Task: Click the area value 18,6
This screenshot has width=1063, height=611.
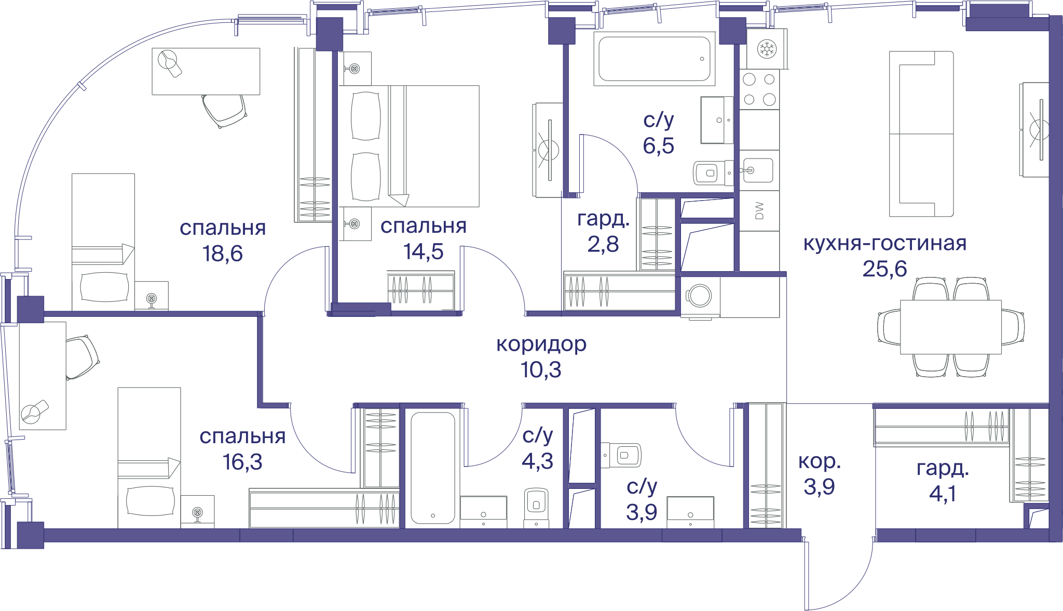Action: [223, 254]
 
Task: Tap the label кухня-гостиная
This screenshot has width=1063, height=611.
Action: [885, 243]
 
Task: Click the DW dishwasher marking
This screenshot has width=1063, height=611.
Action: [759, 210]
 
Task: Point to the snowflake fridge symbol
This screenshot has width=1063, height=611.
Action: [767, 49]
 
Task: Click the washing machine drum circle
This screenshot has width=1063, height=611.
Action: [700, 296]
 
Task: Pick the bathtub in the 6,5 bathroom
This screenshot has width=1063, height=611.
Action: [655, 59]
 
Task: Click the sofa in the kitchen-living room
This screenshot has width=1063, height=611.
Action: [921, 134]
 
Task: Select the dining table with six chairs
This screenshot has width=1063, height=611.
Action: [951, 327]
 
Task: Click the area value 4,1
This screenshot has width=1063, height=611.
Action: [943, 494]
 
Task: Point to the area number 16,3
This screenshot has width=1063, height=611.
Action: [242, 462]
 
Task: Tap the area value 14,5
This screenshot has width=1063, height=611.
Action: [424, 251]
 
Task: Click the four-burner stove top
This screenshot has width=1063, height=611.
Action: [759, 89]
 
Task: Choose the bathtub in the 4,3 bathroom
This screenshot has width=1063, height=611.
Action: [433, 468]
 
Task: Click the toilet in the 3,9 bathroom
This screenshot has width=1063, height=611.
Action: [621, 456]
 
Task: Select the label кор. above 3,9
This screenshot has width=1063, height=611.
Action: [819, 462]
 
